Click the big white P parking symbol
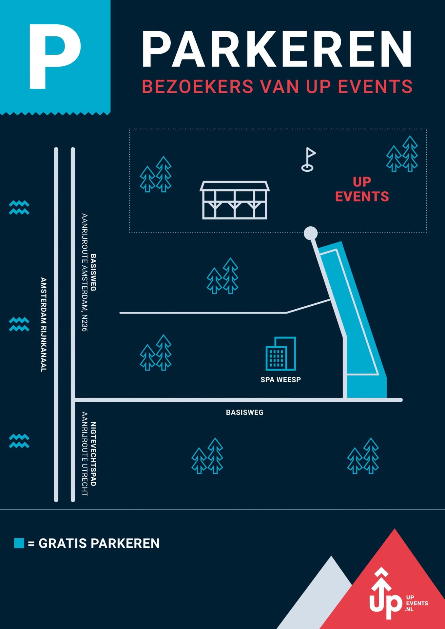tap(54, 56)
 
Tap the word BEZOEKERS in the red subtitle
tap(198, 86)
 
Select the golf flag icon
tap(308, 160)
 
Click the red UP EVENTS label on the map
tap(362, 189)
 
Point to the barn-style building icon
tap(235, 200)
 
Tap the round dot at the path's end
tap(311, 233)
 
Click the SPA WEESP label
tap(281, 380)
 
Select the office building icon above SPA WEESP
tap(281, 353)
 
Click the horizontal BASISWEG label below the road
tap(245, 412)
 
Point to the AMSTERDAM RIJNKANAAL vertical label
tap(44, 324)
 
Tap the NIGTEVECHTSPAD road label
tap(93, 454)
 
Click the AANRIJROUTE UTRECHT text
tap(85, 454)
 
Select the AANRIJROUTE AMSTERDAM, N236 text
tap(85, 272)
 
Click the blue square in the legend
tap(19, 543)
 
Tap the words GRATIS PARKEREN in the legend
tap(99, 543)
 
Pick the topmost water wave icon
tap(19, 207)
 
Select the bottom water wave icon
tap(19, 441)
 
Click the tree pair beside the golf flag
tap(402, 154)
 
